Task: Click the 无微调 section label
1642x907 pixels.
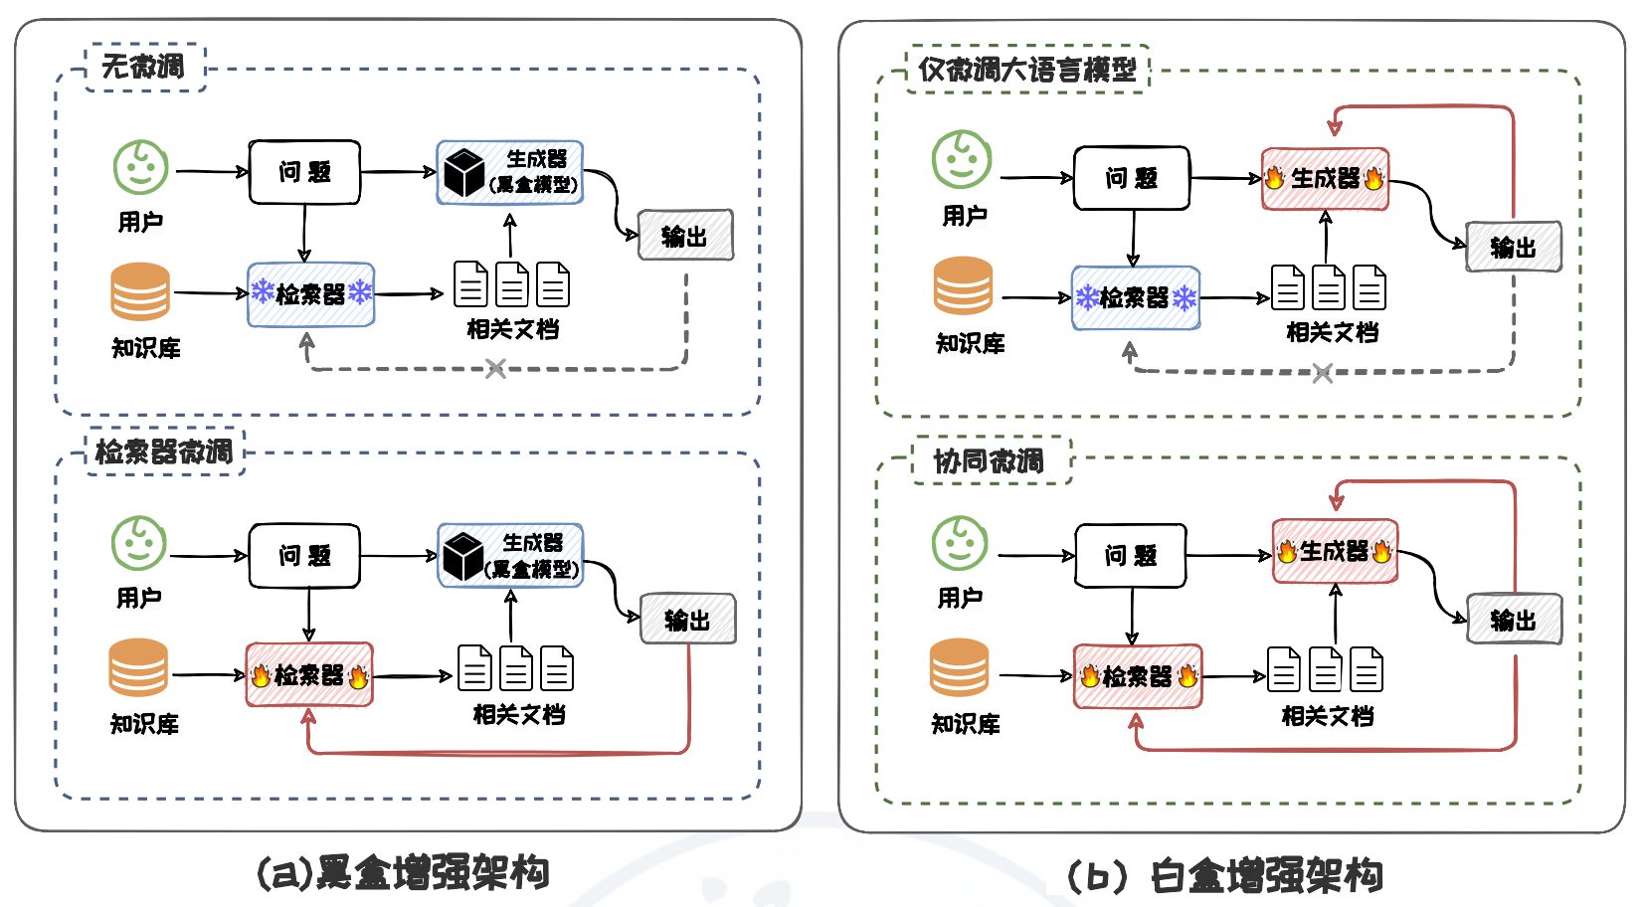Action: tap(144, 67)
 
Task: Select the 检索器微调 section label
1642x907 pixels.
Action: tap(164, 452)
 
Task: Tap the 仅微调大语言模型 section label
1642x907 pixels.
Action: tap(1027, 70)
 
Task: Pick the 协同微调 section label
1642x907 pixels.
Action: tap(990, 460)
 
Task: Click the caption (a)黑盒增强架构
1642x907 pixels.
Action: tap(403, 872)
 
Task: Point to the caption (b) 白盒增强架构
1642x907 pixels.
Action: tap(1224, 876)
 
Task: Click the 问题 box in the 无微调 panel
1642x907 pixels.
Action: tap(304, 172)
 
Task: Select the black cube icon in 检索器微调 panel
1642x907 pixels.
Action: tap(462, 557)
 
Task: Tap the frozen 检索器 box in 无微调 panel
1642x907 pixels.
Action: tap(311, 294)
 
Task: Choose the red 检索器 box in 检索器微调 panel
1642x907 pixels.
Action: tap(309, 675)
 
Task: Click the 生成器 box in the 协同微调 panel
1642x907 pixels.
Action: tap(1335, 551)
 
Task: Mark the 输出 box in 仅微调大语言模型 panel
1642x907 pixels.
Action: tap(1513, 248)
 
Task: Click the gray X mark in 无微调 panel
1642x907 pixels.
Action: tap(495, 369)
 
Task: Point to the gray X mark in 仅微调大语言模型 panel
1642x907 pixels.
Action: tap(1322, 373)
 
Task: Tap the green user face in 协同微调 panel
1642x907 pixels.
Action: tap(960, 543)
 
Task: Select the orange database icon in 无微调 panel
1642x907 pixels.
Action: tap(140, 290)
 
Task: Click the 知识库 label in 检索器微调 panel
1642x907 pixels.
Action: tap(145, 724)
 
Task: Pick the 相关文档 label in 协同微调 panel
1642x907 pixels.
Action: tap(1328, 716)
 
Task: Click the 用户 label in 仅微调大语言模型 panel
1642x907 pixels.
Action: tap(965, 216)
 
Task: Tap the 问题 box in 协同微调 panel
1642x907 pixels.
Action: tap(1131, 556)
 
